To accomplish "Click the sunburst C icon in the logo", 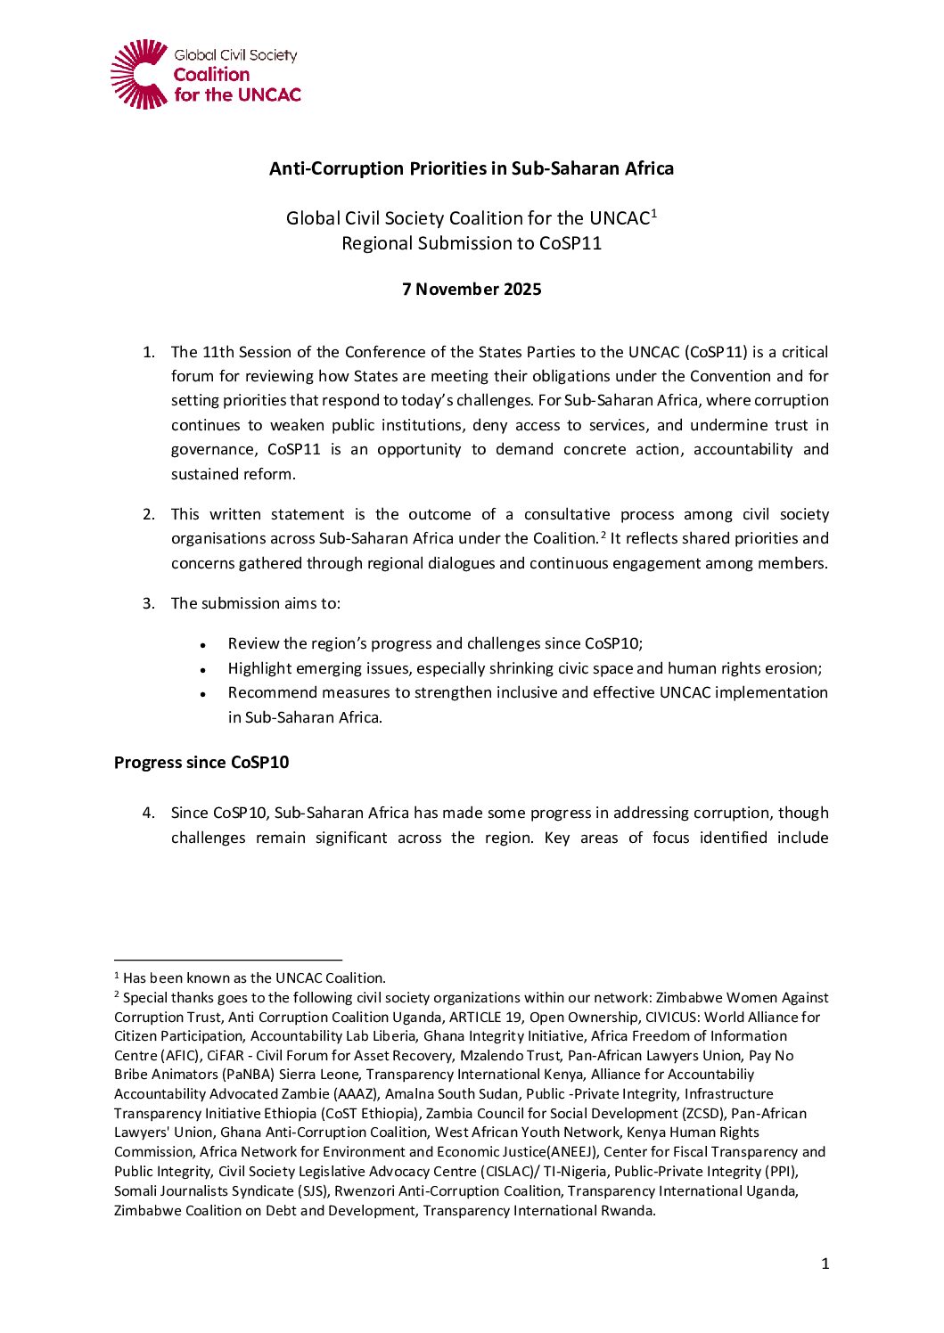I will [x=139, y=74].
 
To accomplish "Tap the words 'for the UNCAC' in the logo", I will [x=237, y=94].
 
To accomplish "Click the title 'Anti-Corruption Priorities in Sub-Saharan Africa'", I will [x=472, y=168].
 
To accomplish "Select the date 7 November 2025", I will [x=472, y=289].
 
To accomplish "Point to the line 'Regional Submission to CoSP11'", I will [x=472, y=243].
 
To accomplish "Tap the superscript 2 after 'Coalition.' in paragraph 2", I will [x=603, y=535].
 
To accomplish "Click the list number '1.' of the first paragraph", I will [x=149, y=352].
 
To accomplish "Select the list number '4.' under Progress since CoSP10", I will [x=149, y=813].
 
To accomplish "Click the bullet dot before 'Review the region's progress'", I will [x=203, y=644].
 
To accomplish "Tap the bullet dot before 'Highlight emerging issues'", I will [x=203, y=669].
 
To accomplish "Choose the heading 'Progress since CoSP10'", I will [x=201, y=763].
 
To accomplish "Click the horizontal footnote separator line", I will [x=228, y=961].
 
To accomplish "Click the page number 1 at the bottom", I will [x=825, y=1263].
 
